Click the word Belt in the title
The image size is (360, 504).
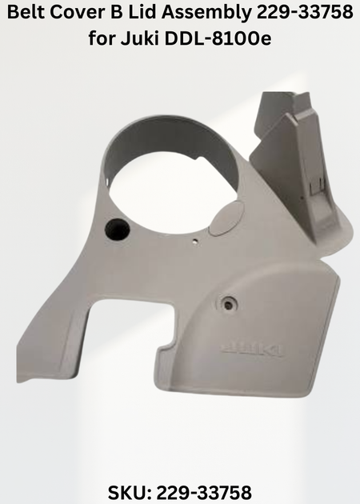point(26,13)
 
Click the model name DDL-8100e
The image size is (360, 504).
point(218,38)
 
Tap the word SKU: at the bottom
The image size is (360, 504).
point(129,493)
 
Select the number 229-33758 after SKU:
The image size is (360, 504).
point(204,493)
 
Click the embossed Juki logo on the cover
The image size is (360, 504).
point(252,350)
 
